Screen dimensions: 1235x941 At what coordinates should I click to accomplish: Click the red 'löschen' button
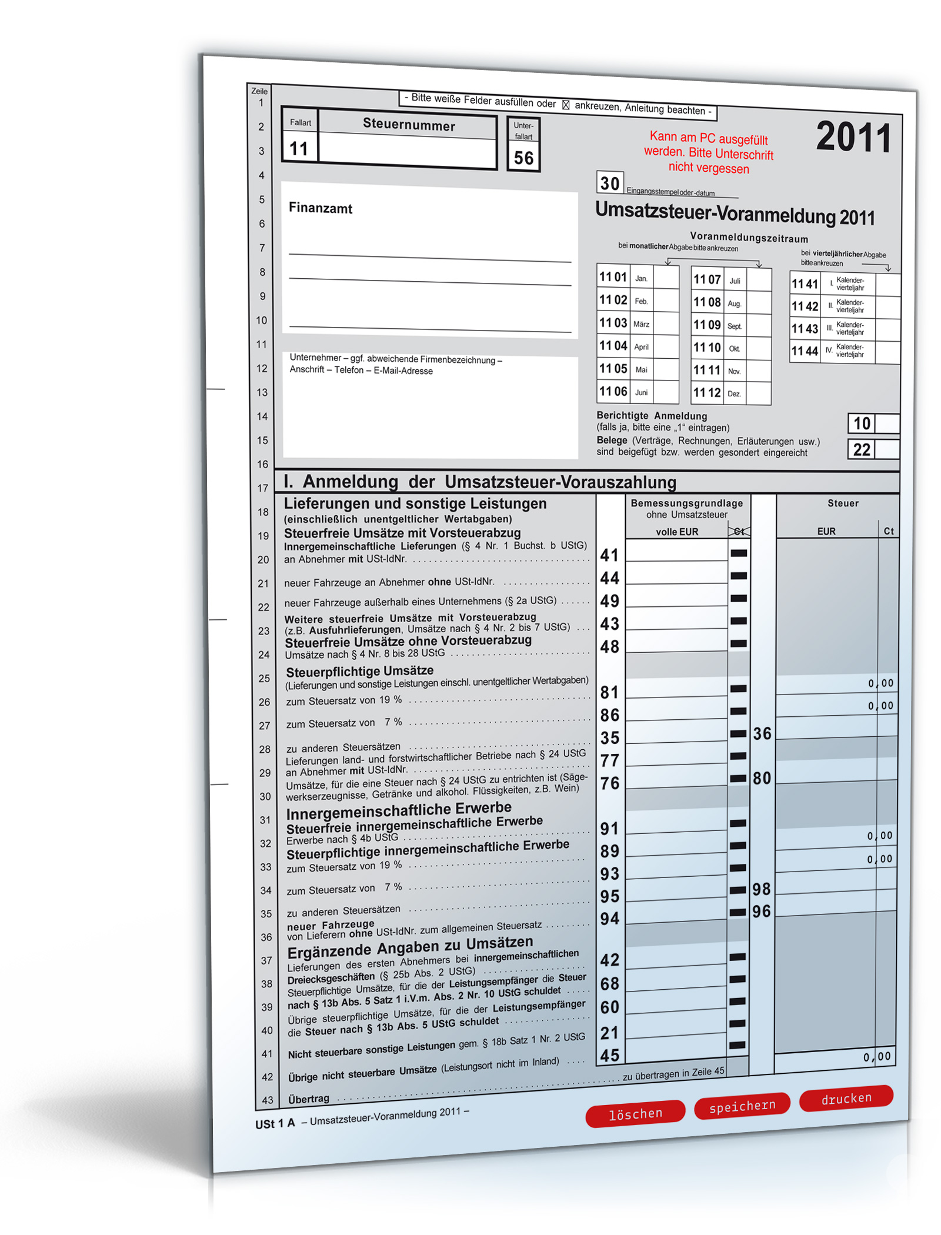[635, 1113]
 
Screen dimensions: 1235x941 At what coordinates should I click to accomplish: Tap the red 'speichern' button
[742, 1107]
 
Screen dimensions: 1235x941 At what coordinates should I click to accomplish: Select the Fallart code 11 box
[299, 149]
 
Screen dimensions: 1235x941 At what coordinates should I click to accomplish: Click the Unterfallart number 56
[523, 158]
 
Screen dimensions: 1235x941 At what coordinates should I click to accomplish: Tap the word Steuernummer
[409, 125]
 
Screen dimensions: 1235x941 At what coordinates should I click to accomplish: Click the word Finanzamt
[321, 208]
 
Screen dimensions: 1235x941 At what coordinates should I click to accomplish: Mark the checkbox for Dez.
[759, 393]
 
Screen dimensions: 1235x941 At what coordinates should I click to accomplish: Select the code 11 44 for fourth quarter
[804, 351]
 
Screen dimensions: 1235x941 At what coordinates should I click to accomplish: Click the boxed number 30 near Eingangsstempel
[610, 183]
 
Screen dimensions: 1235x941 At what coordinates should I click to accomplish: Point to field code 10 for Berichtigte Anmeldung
[862, 423]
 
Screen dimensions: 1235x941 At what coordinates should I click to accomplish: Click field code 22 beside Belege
[862, 450]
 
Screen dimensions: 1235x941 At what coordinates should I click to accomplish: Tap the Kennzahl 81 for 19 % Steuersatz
[609, 692]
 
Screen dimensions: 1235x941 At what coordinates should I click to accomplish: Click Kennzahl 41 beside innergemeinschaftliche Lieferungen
[609, 555]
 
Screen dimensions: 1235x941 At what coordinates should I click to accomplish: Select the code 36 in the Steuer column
[762, 733]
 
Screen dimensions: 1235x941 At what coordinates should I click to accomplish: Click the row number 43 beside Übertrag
[268, 1100]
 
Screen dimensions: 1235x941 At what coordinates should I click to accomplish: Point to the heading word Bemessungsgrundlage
[686, 503]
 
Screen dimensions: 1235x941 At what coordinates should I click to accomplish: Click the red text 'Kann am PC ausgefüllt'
[708, 138]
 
